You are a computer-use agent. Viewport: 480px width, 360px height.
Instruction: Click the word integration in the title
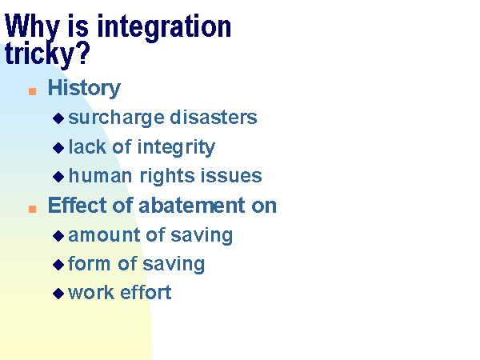coord(164,28)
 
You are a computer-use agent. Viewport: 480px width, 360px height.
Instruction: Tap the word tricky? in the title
coord(47,54)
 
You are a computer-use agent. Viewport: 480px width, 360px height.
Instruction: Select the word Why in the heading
coord(32,27)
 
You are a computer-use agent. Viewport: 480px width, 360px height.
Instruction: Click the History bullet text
coord(84,89)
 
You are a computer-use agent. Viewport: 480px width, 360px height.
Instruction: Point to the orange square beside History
coord(33,91)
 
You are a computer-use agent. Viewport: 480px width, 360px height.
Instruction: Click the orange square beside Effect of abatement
coord(33,209)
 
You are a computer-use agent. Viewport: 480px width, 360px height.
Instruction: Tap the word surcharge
coord(116,118)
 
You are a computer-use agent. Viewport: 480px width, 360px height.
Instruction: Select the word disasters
coord(214,118)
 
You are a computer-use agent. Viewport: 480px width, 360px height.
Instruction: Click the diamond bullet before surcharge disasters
coord(58,118)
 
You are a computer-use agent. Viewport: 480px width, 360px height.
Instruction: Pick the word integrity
coord(176,148)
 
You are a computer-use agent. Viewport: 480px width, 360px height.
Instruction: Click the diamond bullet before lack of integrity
coord(58,148)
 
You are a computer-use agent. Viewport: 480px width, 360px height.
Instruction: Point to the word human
coord(101,176)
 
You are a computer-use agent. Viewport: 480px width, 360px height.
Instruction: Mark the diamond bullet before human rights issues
coord(58,177)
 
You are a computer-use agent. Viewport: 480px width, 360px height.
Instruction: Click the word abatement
coord(192,205)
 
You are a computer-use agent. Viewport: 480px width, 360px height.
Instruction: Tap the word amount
coord(104,235)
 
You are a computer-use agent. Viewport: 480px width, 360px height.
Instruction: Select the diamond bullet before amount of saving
coord(58,236)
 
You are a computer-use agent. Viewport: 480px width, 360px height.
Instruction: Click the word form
coord(89,263)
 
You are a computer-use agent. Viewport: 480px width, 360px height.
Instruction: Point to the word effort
coord(146,292)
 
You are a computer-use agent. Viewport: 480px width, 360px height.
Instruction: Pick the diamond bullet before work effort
coord(58,294)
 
